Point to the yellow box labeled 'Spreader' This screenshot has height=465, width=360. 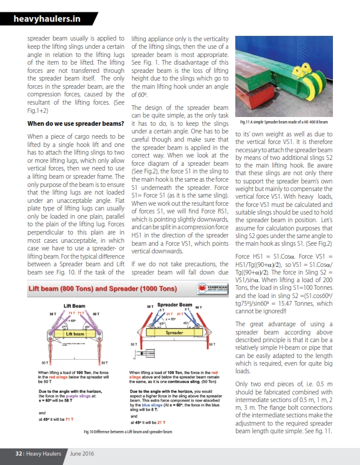pos(175,332)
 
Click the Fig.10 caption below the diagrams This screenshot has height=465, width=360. pos(127,432)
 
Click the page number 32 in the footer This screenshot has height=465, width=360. pos(19,454)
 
